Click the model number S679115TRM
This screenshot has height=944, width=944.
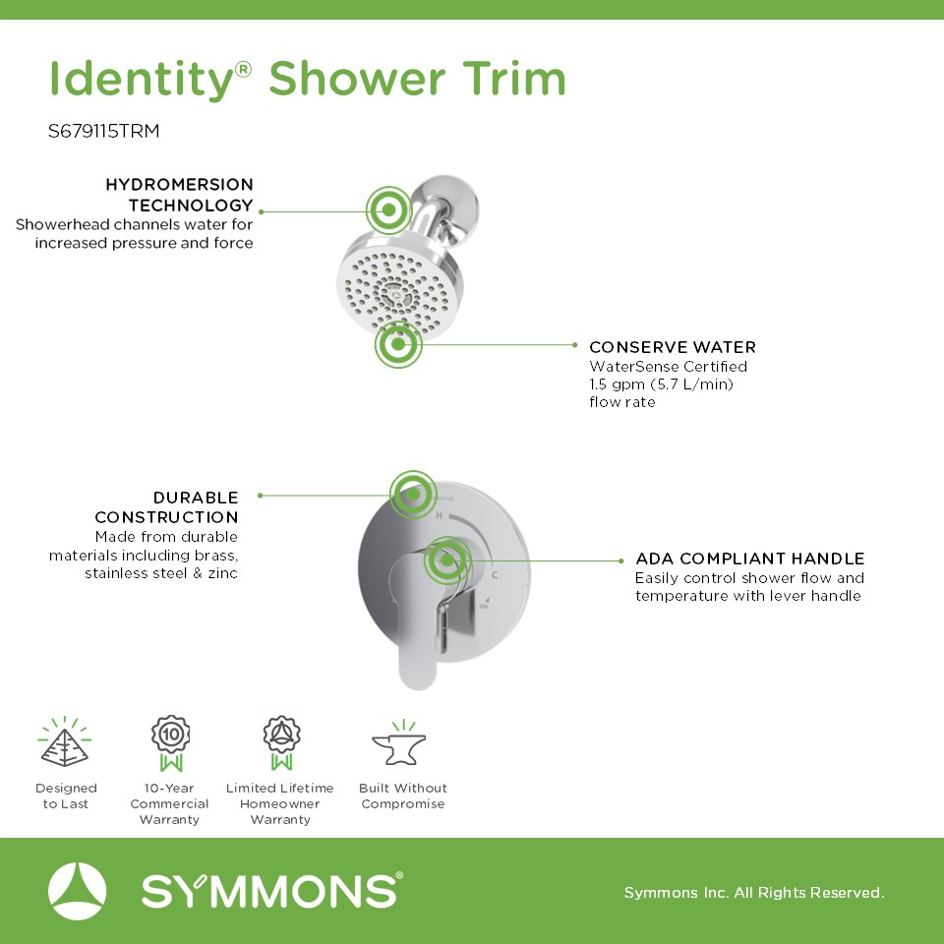click(103, 131)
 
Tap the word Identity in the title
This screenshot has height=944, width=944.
click(142, 80)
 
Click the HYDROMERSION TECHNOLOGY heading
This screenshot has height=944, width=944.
click(179, 195)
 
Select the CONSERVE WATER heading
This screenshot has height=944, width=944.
click(673, 347)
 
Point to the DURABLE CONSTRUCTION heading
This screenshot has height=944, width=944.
click(167, 507)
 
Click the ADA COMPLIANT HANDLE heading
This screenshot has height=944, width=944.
click(750, 559)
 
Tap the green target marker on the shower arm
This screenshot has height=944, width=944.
click(389, 210)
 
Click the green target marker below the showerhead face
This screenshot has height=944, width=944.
click(398, 345)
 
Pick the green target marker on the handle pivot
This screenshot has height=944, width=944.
click(447, 560)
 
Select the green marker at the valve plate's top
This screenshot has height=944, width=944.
click(413, 495)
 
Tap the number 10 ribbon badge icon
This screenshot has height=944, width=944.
click(171, 743)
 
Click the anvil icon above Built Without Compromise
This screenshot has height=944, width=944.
click(400, 743)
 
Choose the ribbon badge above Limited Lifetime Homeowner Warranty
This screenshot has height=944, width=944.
click(282, 743)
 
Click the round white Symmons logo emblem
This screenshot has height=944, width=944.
click(77, 891)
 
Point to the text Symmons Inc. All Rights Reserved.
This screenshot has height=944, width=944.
click(754, 892)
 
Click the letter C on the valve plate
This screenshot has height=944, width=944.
click(495, 575)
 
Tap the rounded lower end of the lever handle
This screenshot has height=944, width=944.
click(417, 672)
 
